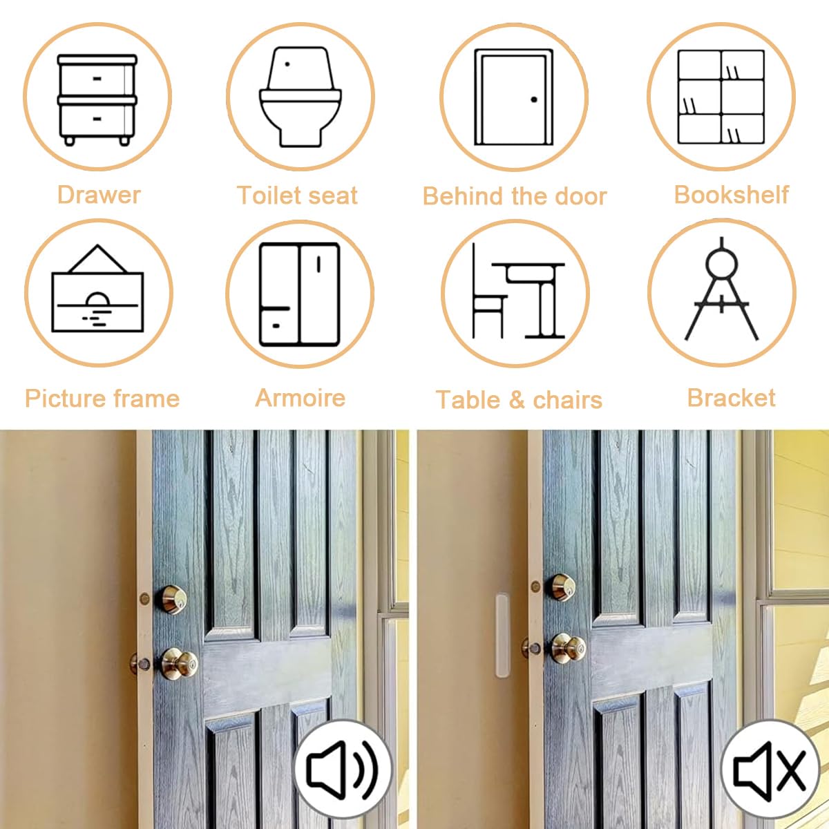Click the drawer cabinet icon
[x=97, y=99]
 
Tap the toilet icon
[x=301, y=97]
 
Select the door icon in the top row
[x=514, y=97]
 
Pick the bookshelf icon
[x=721, y=97]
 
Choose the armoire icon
[x=300, y=295]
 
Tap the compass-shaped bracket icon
[x=721, y=289]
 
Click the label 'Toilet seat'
[x=297, y=196]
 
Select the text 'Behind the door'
[x=515, y=196]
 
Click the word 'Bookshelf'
[x=732, y=194]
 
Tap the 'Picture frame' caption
[x=102, y=399]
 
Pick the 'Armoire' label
[x=301, y=398]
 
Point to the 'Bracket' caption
[x=732, y=398]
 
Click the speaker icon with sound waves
[x=343, y=769]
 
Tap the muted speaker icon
[x=769, y=770]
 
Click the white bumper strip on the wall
[x=502, y=636]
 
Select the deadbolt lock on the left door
[x=171, y=600]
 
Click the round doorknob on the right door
[x=569, y=648]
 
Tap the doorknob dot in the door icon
[x=534, y=99]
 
